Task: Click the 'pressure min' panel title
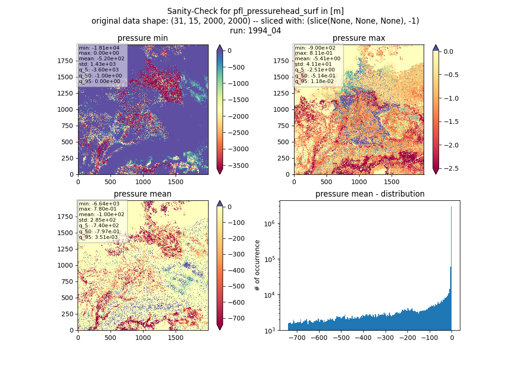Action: [143, 38]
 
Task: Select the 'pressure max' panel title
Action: [359, 38]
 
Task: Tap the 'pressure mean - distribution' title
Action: [370, 194]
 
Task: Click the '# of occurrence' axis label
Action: [257, 266]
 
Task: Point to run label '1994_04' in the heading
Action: [264, 31]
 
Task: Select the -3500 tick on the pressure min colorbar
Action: [238, 166]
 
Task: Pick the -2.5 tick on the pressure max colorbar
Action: [451, 169]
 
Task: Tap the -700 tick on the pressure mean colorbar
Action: [236, 318]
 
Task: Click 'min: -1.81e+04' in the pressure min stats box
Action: [99, 48]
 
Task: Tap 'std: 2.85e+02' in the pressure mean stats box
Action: [97, 220]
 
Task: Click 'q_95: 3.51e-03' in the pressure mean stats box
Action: [98, 237]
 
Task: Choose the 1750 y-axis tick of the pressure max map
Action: [281, 61]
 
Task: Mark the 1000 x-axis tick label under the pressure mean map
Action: [143, 338]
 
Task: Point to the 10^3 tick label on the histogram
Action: [269, 330]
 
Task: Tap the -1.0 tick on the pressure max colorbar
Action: [451, 99]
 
